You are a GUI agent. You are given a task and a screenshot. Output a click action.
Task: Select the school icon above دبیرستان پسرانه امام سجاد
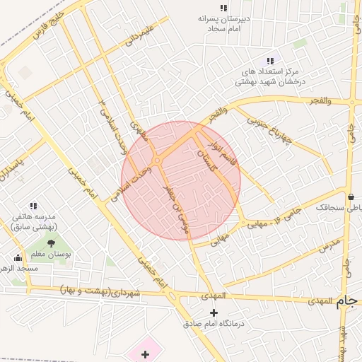223,8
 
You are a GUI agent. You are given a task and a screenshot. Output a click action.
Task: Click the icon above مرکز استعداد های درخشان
270,61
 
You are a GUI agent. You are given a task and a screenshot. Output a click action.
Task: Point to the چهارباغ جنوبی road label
270,130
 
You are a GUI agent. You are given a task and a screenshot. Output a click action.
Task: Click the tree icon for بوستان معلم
51,243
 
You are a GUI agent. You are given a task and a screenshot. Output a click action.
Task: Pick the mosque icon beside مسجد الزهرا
18,258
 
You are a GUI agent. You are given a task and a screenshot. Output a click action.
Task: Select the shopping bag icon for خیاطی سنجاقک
351,197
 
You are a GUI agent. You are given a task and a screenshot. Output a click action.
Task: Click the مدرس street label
329,245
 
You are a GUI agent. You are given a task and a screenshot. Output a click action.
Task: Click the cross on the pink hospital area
145,354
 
